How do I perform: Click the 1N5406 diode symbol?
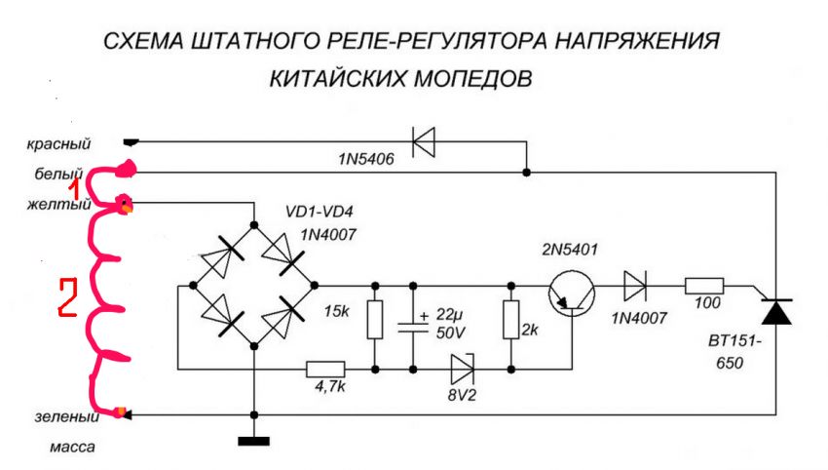pos(423,143)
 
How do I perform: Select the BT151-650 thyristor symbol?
pos(775,313)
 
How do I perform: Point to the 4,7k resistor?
pos(323,370)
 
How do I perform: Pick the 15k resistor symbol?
pos(375,319)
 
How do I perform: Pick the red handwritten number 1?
pos(97,188)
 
